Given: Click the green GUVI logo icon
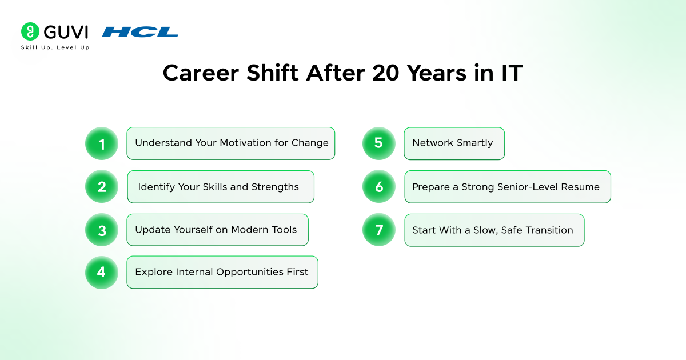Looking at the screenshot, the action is coord(30,31).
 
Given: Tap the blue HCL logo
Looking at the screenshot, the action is coord(140,32).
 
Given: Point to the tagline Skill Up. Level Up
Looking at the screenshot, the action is coord(55,47).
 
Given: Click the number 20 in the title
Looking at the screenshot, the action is coord(386,73).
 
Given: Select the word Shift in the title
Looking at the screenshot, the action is coord(272,73).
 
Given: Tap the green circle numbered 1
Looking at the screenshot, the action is coord(102,143).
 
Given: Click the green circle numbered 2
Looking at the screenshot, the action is coord(102,186).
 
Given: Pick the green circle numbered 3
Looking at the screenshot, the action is coord(102,230).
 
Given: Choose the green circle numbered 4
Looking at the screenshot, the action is coord(102,272).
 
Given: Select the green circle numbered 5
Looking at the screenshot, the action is coord(379,143).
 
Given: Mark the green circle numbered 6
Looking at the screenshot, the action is coord(379,186).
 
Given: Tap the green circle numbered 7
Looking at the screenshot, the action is coord(379,230).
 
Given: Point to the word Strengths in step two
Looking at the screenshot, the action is coord(275,187).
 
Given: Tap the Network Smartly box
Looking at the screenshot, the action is coord(454,143).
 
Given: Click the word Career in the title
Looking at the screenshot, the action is coord(201,74).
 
